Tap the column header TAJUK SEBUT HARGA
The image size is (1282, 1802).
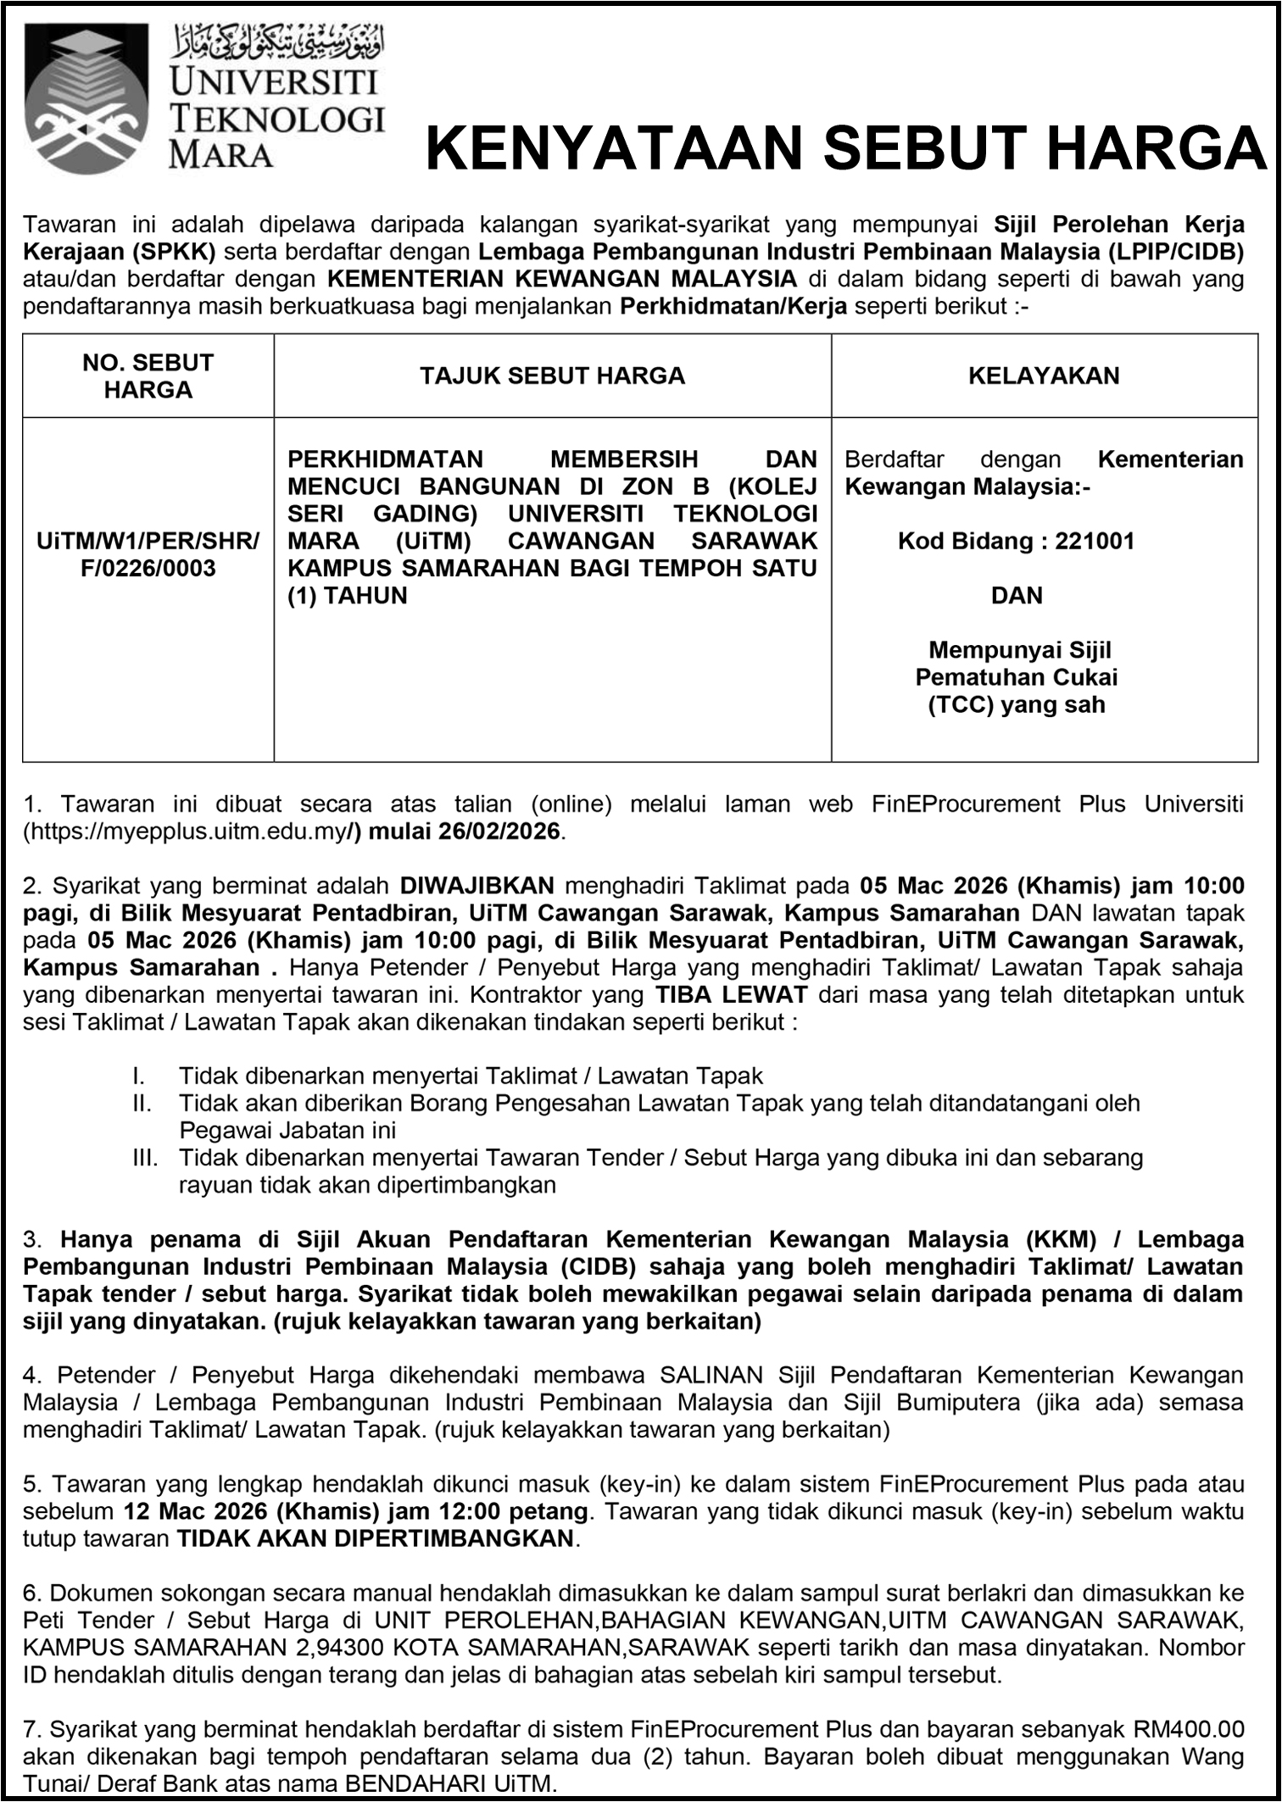(x=552, y=375)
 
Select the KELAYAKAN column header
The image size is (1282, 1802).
(x=1044, y=375)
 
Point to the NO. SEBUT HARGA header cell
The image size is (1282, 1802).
(x=148, y=375)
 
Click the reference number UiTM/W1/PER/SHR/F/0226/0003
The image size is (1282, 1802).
(x=148, y=554)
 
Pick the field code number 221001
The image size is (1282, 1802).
(x=1095, y=541)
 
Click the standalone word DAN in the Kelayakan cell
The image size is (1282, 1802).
(x=1017, y=595)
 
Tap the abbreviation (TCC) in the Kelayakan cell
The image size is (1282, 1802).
(x=961, y=704)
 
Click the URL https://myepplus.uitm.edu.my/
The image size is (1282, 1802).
(x=185, y=831)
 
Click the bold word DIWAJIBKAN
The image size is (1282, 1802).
(x=477, y=886)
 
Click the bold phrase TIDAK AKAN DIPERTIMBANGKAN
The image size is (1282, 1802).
(x=375, y=1538)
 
